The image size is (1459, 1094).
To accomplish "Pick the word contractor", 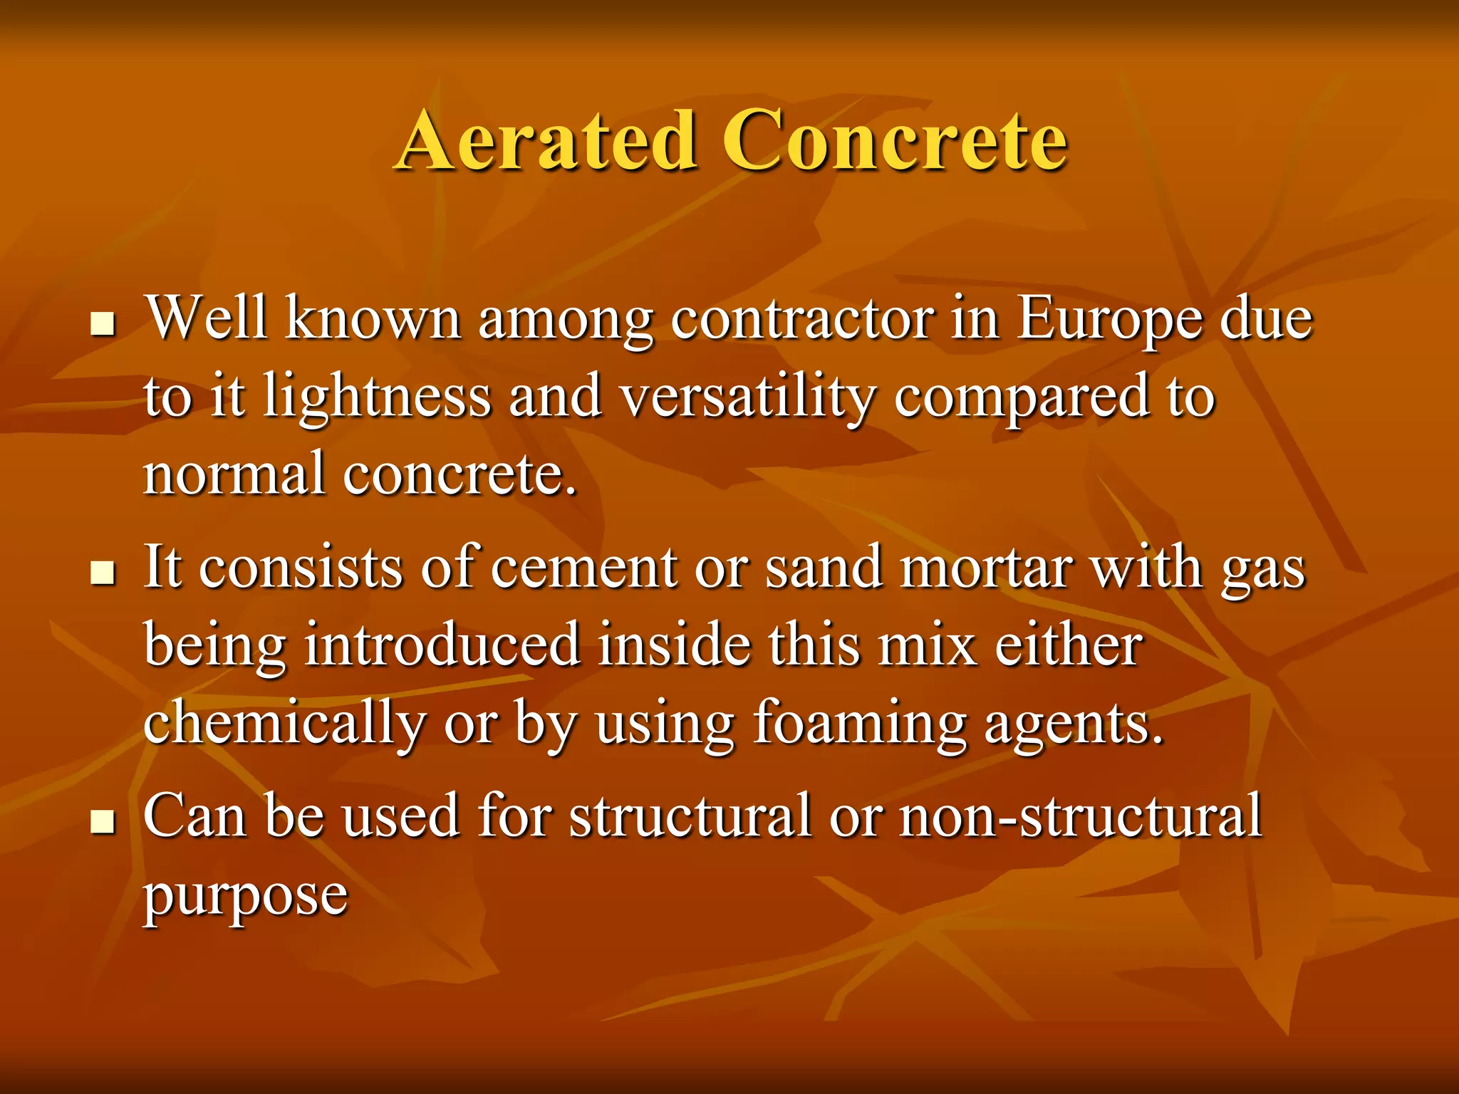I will pyautogui.click(x=802, y=319).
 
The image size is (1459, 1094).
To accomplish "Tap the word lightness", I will pyautogui.click(x=377, y=397).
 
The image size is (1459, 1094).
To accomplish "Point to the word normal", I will pyautogui.click(x=234, y=474).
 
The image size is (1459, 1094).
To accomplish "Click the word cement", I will pyautogui.click(x=584, y=569).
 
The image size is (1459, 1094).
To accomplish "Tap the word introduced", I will pyautogui.click(x=442, y=645).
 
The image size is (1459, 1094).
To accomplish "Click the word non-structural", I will pyautogui.click(x=1081, y=816).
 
